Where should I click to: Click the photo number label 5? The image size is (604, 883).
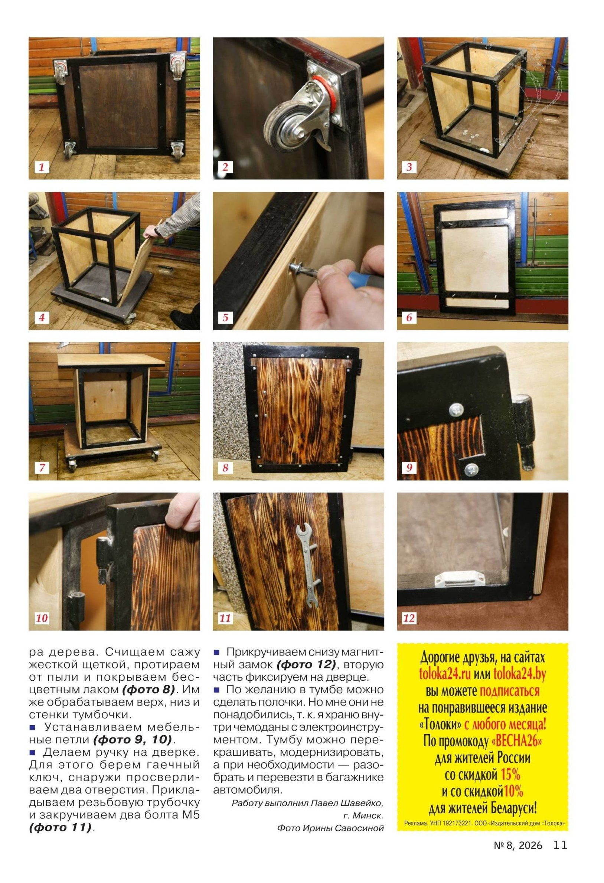225,317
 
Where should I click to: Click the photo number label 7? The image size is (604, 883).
42,468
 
